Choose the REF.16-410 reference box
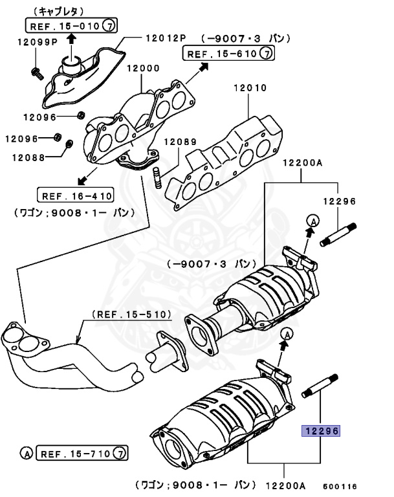tap(76, 195)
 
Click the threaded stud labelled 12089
tap(157, 178)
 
